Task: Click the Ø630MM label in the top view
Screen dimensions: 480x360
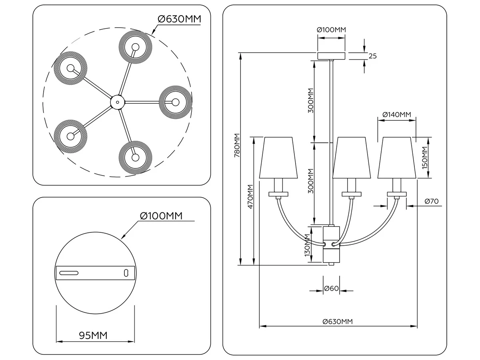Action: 179,19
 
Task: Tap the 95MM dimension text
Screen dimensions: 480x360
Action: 93,336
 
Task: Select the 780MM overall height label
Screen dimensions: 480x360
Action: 237,145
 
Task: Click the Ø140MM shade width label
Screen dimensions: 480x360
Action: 397,114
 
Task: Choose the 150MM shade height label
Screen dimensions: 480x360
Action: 424,158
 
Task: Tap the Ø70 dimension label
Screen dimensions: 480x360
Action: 432,201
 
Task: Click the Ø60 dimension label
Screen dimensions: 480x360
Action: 331,288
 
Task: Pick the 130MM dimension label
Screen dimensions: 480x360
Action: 307,245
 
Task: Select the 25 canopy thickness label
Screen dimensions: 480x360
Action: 373,56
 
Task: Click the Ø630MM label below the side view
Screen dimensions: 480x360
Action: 338,322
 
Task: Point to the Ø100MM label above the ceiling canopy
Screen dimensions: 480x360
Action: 331,30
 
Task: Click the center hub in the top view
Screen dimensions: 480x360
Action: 118,102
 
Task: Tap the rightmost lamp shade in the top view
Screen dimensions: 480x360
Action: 175,102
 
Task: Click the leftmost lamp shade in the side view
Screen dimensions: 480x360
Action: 278,158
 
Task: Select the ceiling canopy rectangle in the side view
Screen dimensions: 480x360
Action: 331,56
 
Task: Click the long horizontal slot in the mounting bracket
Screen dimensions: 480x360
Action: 69,273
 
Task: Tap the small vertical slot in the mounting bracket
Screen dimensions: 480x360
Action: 126,273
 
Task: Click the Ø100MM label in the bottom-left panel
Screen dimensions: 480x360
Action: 161,216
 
